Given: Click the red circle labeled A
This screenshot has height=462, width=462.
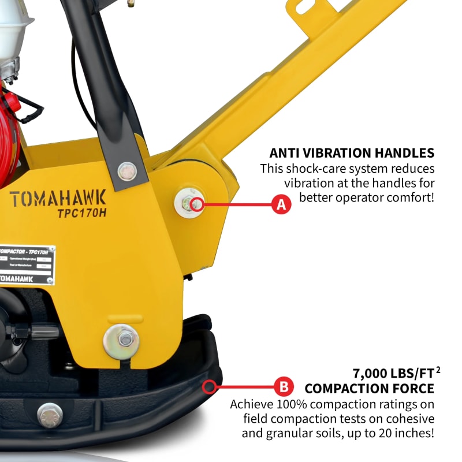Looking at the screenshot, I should coord(281,204).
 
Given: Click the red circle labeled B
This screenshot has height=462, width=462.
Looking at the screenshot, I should coord(281,385).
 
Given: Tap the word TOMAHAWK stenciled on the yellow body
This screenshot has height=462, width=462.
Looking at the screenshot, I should coord(58,198).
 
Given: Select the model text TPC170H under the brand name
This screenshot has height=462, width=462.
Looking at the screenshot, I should coord(81,213).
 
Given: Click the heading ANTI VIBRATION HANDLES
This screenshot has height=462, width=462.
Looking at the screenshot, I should coord(352,153).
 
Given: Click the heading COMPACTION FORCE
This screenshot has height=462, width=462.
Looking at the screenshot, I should coord(369,389).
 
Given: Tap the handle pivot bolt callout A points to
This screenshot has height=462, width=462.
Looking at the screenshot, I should coord(193,203).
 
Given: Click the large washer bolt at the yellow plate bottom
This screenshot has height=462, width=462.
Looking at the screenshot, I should coord(121,341).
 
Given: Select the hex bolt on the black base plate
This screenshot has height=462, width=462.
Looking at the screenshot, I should coord(50,414).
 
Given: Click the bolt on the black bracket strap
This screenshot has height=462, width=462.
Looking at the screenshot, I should coord(127,171).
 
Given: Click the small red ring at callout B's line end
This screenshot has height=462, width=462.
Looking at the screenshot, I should coord(211,385).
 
